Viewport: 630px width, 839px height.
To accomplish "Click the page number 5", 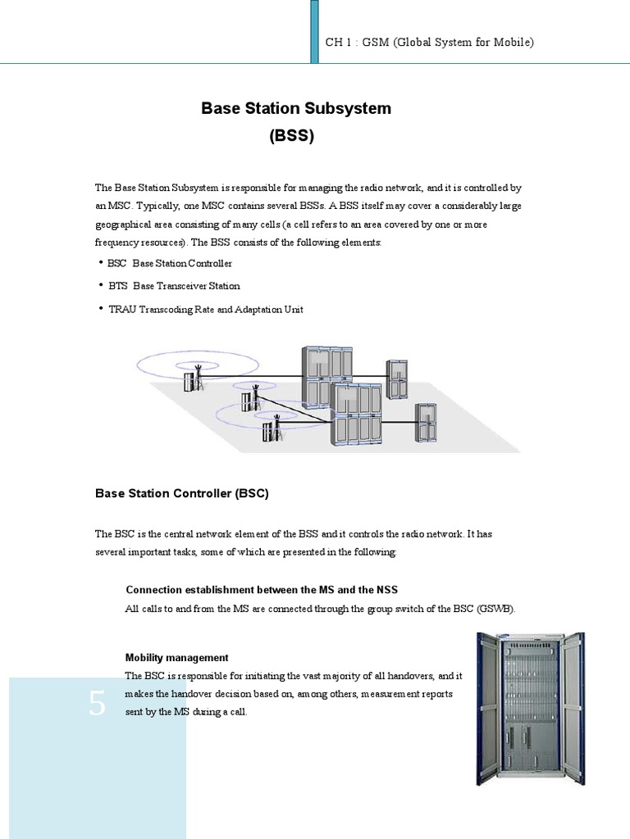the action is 98,704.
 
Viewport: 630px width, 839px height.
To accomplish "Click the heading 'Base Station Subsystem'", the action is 296,108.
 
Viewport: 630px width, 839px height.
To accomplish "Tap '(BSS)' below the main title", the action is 291,137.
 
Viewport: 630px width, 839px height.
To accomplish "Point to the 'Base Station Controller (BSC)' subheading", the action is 182,493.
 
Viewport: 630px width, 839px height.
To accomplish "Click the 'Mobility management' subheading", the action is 176,657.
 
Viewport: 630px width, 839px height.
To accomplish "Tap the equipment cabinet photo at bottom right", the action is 531,709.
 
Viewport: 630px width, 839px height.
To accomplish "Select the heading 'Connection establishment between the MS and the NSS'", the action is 262,590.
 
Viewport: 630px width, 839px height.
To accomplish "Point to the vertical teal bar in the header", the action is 314,31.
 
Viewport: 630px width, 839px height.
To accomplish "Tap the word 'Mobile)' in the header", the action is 514,42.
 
